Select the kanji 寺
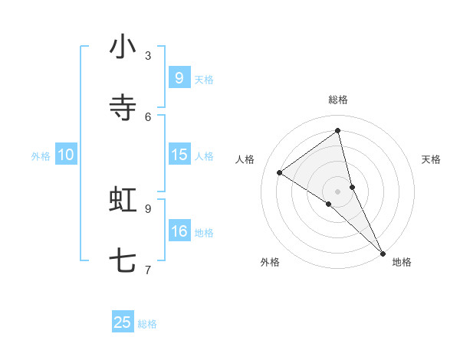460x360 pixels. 123,108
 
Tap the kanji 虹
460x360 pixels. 123,201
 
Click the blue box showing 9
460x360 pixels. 179,78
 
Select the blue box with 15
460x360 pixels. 179,155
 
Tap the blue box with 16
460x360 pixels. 179,231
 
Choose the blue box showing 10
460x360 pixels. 66,155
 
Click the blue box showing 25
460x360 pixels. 123,322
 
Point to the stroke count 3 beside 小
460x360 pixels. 148,55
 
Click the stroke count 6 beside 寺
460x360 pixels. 148,116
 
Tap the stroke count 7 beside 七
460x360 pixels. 148,270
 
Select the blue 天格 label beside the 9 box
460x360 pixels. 204,80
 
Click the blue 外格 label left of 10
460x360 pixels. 41,156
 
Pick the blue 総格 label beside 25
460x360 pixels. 148,324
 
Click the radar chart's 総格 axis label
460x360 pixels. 338,100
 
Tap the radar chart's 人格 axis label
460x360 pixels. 245,159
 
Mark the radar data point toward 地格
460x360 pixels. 383,252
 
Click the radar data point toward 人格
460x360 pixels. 280,172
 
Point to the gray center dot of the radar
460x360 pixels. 338,191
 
